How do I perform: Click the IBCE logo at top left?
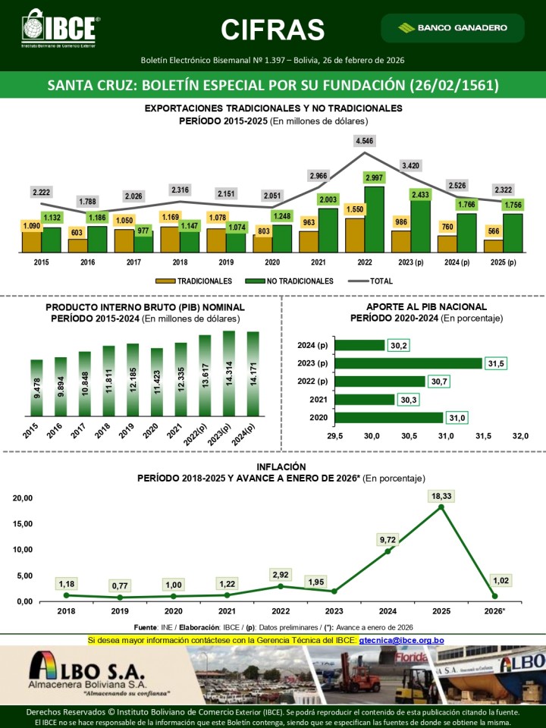(61, 29)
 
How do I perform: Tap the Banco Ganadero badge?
(454, 28)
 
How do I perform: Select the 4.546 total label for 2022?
(364, 140)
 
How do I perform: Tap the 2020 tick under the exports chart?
(271, 262)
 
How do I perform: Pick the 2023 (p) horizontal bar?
(409, 363)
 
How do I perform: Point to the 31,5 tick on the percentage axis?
(483, 435)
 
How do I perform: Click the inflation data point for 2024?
(388, 551)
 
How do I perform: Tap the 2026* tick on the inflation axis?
(494, 611)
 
